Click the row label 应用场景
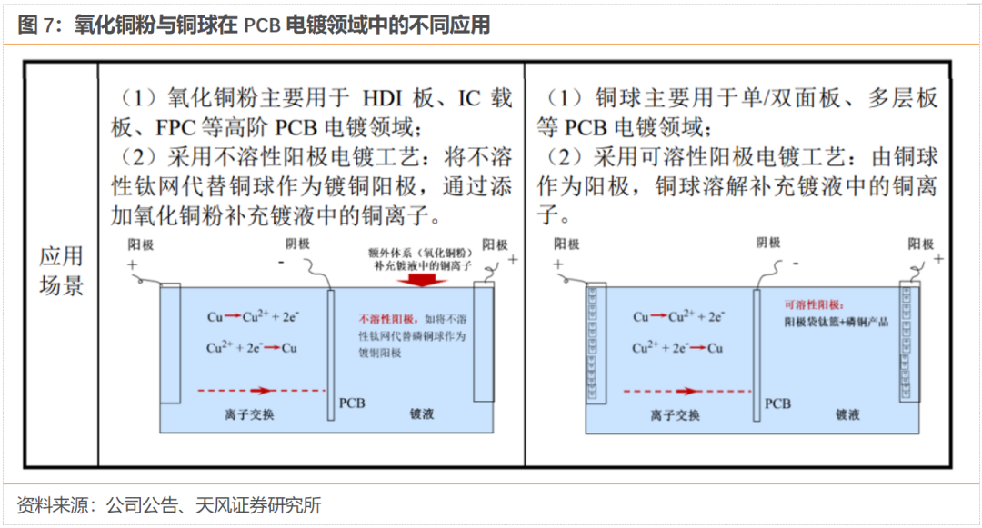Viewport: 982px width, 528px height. (x=61, y=270)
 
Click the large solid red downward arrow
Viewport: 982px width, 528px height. (x=421, y=279)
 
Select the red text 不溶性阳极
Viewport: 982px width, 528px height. (x=387, y=319)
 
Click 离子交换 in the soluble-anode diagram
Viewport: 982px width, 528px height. (x=676, y=415)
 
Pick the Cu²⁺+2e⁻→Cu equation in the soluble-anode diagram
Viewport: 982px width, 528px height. (x=678, y=348)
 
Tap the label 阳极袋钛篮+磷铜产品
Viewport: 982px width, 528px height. (x=836, y=323)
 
